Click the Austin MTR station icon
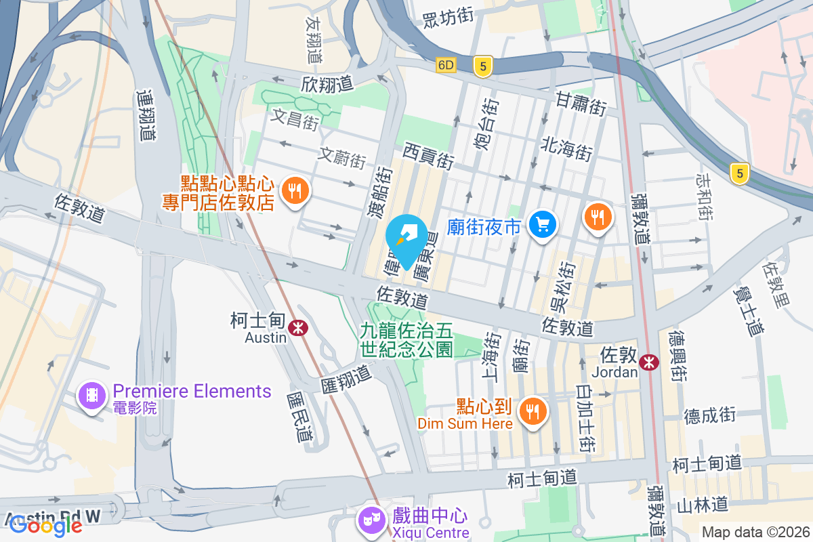point(297,328)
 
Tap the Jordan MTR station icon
point(649,362)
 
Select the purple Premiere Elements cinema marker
point(92,394)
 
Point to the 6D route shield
point(446,66)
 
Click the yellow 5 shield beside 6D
point(482,66)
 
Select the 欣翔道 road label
point(328,84)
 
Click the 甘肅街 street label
point(581,104)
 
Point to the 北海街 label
point(567,148)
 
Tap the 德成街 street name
point(709,415)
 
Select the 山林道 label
point(703,504)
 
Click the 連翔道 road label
point(146,115)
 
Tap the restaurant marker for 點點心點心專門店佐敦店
point(295,191)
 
